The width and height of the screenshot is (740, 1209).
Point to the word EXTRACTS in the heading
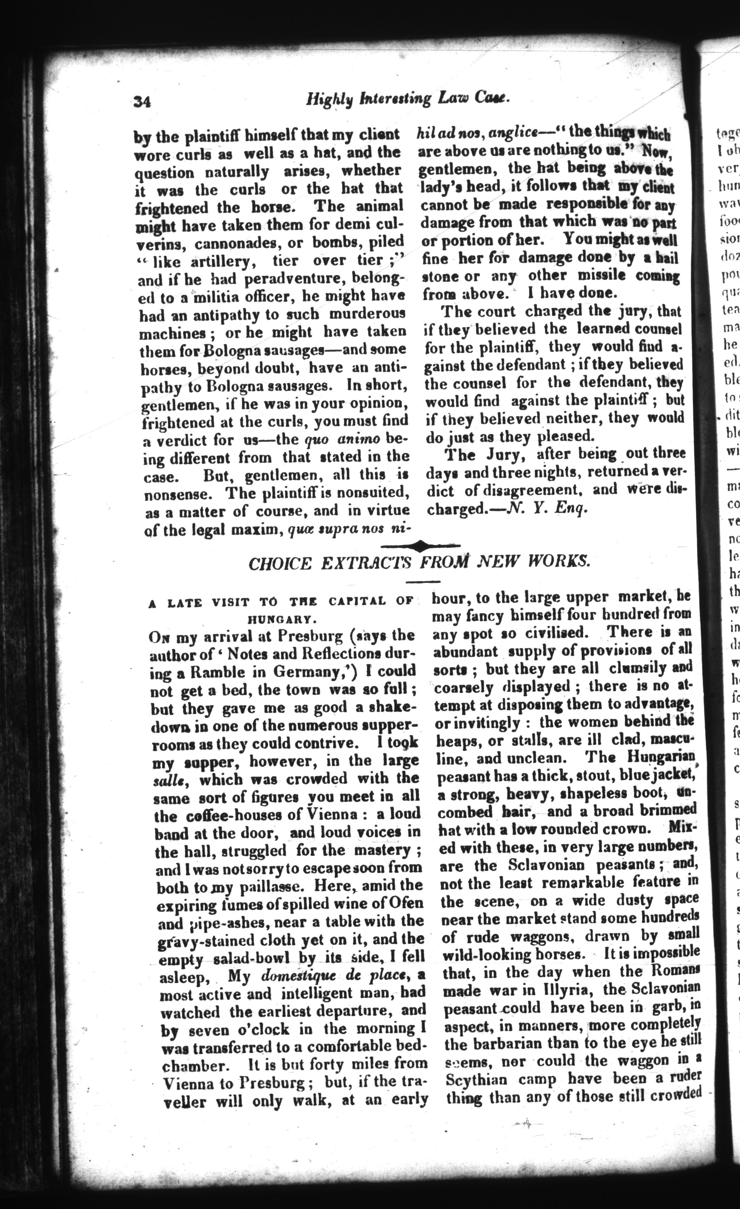tap(367, 563)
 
